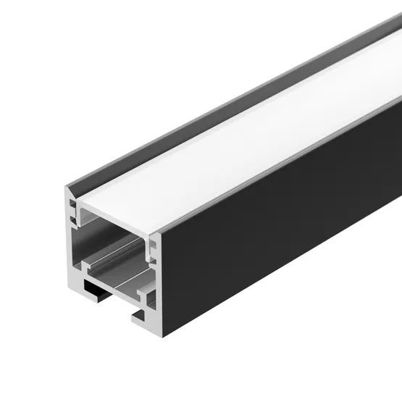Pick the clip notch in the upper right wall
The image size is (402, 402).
coord(151,249)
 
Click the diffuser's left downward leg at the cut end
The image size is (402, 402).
coord(82,213)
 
